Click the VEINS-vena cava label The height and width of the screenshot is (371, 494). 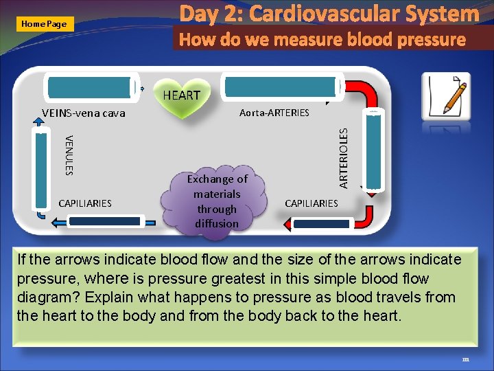pyautogui.click(x=84, y=113)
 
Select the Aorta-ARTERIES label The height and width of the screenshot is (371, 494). pyautogui.click(x=274, y=112)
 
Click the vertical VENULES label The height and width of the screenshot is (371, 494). pyautogui.click(x=69, y=155)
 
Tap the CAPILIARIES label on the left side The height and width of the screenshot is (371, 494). pyautogui.click(x=85, y=203)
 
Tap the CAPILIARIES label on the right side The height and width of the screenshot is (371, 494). pyautogui.click(x=311, y=203)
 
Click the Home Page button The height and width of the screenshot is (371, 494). pyautogui.click(x=44, y=23)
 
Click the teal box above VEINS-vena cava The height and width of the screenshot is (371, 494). pyautogui.click(x=89, y=88)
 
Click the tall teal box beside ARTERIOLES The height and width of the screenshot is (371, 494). pyautogui.click(x=375, y=149)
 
